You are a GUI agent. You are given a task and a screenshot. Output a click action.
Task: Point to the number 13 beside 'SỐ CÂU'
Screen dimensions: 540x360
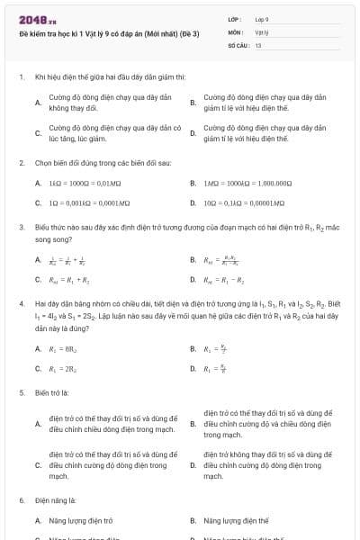point(258,44)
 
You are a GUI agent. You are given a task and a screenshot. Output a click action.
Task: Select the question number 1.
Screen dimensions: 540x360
point(21,78)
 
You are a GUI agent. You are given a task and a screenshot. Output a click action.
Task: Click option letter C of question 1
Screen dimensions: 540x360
point(38,134)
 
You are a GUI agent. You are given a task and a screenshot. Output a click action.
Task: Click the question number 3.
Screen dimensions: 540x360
point(21,229)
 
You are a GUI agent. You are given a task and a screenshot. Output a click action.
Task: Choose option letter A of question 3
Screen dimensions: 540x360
point(38,261)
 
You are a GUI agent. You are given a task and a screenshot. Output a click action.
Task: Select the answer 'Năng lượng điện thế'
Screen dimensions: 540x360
point(237,520)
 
